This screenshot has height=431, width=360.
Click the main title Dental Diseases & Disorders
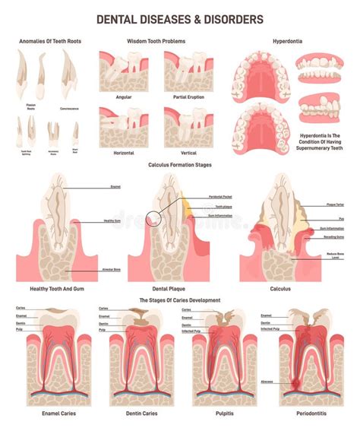click(180, 17)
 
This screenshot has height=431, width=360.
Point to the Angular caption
click(124, 98)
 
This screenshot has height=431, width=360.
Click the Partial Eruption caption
click(189, 98)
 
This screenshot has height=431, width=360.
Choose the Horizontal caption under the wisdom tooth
click(124, 152)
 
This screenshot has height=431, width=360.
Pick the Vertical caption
click(189, 152)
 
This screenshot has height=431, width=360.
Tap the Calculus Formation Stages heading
click(180, 164)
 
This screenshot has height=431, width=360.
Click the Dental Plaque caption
click(180, 288)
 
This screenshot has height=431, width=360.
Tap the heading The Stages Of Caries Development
click(180, 299)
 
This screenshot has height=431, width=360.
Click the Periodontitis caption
click(301, 414)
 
